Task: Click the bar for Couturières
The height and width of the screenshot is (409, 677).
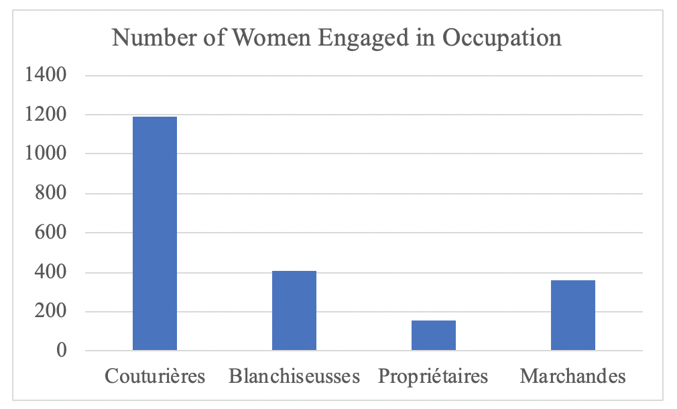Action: tap(155, 233)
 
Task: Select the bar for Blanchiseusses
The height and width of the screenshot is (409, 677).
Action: tap(294, 310)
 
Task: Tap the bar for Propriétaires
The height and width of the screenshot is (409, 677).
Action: tap(434, 335)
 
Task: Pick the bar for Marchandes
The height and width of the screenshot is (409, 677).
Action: tap(573, 315)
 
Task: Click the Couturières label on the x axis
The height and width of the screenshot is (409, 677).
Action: tap(155, 376)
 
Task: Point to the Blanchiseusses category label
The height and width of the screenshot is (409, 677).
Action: tap(294, 376)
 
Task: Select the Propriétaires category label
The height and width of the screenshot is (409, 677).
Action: tap(433, 376)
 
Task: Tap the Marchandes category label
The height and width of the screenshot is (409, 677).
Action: tap(573, 376)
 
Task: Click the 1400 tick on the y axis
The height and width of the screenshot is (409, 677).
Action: tap(46, 75)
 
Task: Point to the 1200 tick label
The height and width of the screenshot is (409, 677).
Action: tap(46, 115)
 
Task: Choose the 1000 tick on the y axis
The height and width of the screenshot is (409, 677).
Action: tap(46, 154)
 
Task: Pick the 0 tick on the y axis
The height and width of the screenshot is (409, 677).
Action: tap(61, 351)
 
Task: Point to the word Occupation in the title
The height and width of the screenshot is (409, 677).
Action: tap(502, 38)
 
